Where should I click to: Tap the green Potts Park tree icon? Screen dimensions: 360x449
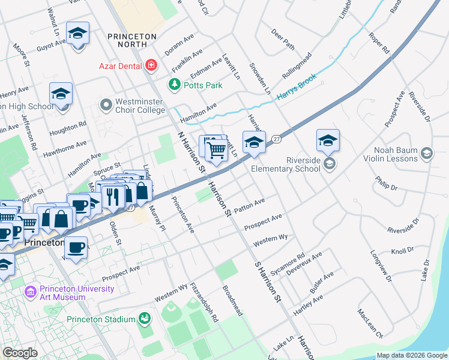pyautogui.click(x=175, y=85)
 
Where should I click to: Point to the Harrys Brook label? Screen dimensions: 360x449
pyautogui.click(x=296, y=88)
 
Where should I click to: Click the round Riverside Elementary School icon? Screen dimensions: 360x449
pyautogui.click(x=328, y=164)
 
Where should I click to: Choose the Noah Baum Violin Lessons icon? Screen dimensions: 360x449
pyautogui.click(x=427, y=154)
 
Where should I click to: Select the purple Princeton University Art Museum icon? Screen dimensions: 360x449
pyautogui.click(x=30, y=292)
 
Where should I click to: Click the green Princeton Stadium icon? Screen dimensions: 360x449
pyautogui.click(x=144, y=319)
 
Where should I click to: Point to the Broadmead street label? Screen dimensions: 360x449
pyautogui.click(x=232, y=301)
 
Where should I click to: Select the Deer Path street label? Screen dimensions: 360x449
pyautogui.click(x=283, y=38)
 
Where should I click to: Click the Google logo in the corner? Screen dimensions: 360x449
pyautogui.click(x=20, y=353)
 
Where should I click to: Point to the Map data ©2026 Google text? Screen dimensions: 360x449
pyautogui.click(x=412, y=355)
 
